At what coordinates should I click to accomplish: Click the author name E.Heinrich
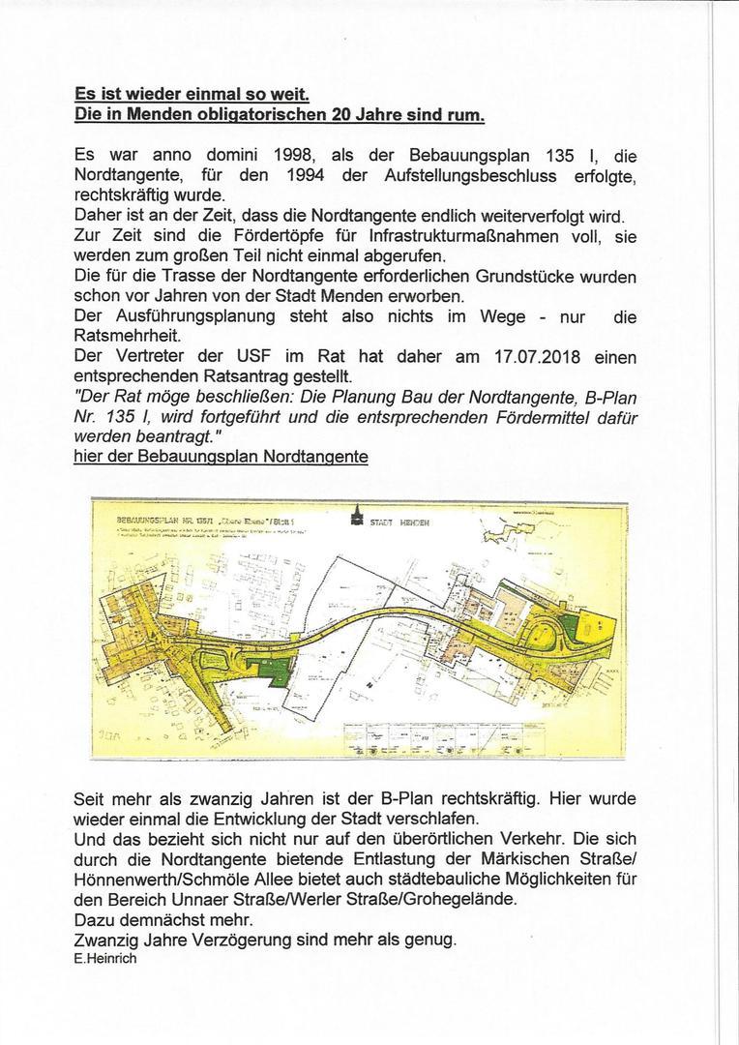pos(104,958)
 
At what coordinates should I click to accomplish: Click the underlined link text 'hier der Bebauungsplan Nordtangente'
pos(221,456)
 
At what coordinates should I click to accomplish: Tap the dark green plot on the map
pos(278,669)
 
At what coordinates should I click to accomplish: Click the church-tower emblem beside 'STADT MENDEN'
pos(356,518)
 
